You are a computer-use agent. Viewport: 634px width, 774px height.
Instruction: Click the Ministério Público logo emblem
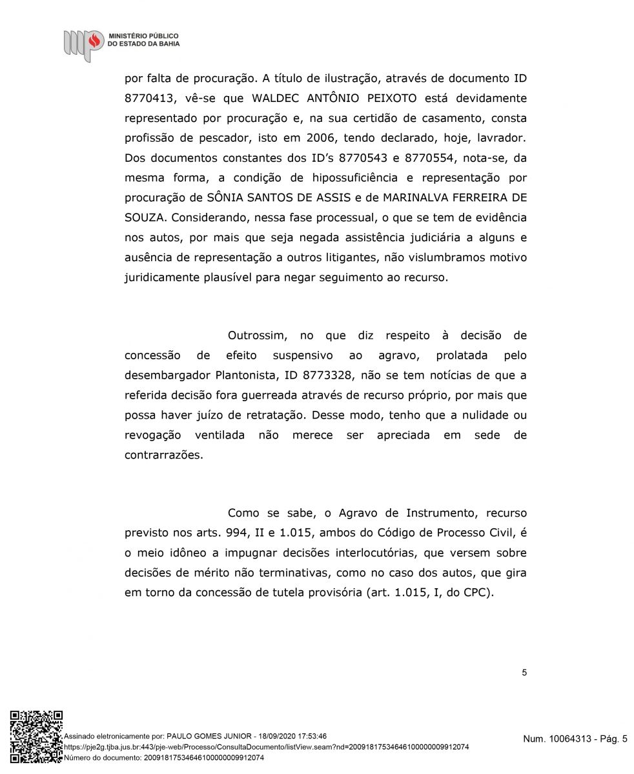coord(83,43)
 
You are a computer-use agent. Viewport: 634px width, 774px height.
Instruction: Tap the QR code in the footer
coord(36,735)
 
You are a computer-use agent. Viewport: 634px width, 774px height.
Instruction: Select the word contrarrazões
coord(163,455)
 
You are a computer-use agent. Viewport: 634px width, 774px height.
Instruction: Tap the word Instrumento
coord(439,514)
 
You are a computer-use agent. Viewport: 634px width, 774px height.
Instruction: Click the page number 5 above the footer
coord(524,673)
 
